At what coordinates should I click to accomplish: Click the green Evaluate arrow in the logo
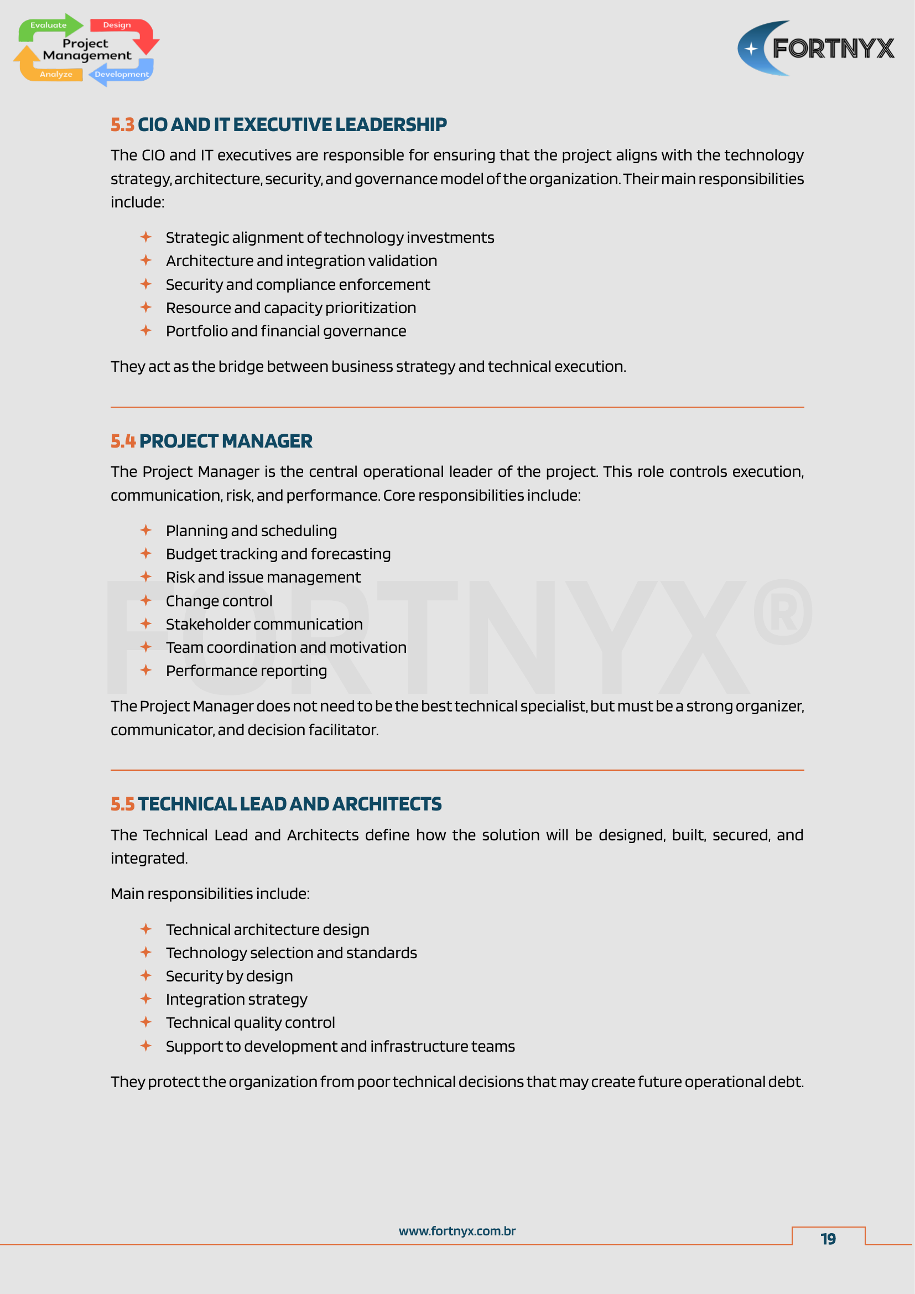pyautogui.click(x=49, y=25)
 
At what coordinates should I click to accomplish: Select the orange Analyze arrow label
pyautogui.click(x=56, y=74)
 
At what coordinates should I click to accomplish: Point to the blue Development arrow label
pyautogui.click(x=121, y=74)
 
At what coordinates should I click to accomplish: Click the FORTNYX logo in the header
pyautogui.click(x=815, y=49)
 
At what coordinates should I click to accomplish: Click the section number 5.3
pyautogui.click(x=122, y=124)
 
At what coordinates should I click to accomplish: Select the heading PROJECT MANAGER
pyautogui.click(x=225, y=441)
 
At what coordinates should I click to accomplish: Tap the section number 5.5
pyautogui.click(x=122, y=804)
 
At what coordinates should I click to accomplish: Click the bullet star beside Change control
pyautogui.click(x=146, y=601)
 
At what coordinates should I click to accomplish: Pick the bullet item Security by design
pyautogui.click(x=230, y=976)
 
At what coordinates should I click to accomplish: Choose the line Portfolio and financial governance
pyautogui.click(x=285, y=331)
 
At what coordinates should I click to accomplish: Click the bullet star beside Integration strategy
pyautogui.click(x=146, y=999)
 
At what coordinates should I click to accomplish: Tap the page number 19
pyautogui.click(x=828, y=1239)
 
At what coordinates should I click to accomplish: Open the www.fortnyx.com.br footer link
pyautogui.click(x=457, y=1231)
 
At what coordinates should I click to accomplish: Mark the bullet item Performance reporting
pyautogui.click(x=246, y=671)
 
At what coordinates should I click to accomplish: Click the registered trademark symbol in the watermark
pyautogui.click(x=782, y=612)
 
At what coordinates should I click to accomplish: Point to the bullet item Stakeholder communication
pyautogui.click(x=264, y=625)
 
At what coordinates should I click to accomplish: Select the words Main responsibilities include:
pyautogui.click(x=210, y=894)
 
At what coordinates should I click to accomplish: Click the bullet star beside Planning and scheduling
pyautogui.click(x=146, y=531)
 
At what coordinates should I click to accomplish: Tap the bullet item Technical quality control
pyautogui.click(x=250, y=1023)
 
